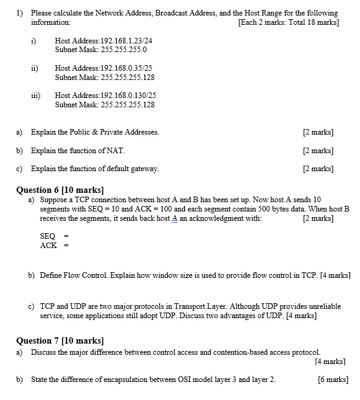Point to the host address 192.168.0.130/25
(x=124, y=96)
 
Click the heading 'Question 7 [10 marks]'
(x=60, y=340)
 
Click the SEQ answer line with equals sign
(x=53, y=236)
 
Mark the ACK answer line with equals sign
(x=53, y=245)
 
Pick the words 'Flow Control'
(x=84, y=274)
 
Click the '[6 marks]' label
(x=332, y=380)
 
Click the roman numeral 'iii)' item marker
(x=36, y=96)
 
